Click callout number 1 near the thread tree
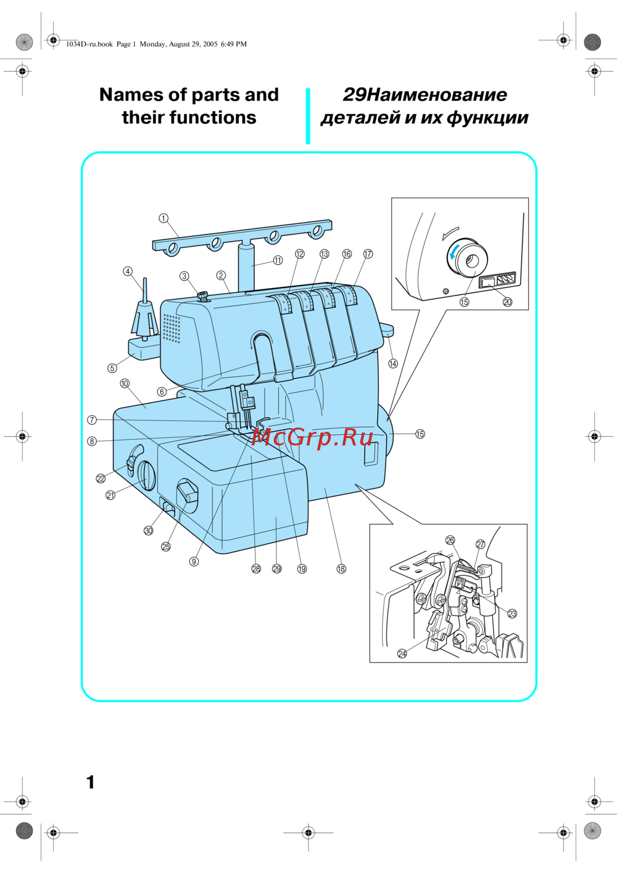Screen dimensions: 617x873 tap(164, 218)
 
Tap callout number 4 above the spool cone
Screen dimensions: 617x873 tap(128, 271)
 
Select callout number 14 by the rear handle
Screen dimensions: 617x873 tap(393, 363)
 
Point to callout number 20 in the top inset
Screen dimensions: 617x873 tap(507, 302)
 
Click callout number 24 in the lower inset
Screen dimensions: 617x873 tap(402, 653)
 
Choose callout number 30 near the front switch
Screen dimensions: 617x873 tap(149, 531)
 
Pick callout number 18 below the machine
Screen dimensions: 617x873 tap(341, 569)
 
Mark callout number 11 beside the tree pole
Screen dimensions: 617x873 tap(278, 260)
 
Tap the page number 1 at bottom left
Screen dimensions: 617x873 tap(91, 782)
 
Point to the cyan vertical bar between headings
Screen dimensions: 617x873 tap(308, 116)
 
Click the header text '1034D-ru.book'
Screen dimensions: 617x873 tap(89, 44)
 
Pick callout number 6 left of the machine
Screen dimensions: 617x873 tap(162, 392)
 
